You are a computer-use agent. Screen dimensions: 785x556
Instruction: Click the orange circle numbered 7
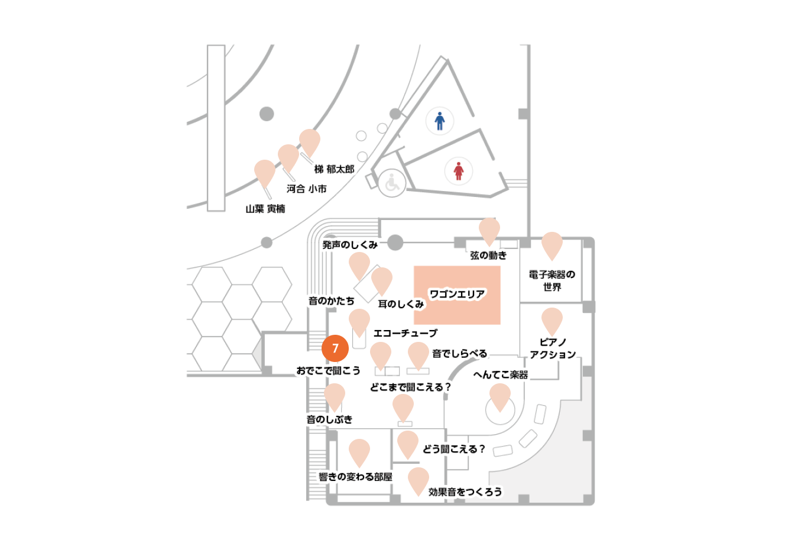(335, 348)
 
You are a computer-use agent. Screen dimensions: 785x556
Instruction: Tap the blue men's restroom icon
(440, 121)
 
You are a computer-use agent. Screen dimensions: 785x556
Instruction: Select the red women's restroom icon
(459, 171)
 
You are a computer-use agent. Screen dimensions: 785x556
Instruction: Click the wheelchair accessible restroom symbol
(392, 183)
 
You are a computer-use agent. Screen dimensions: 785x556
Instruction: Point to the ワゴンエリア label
(458, 294)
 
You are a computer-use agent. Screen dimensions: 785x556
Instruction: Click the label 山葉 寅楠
(265, 209)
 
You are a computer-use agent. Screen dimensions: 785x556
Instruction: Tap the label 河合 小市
(307, 189)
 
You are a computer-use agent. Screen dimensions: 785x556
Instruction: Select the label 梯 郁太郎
(335, 169)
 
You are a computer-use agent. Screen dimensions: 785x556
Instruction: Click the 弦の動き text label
(488, 255)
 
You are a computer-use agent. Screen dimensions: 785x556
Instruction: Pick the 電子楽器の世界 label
(552, 280)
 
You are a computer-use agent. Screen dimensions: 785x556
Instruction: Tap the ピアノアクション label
(553, 348)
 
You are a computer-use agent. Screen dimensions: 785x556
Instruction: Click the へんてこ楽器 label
(501, 375)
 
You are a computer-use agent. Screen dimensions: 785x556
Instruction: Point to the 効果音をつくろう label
(465, 492)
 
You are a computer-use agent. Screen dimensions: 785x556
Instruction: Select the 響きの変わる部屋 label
(355, 477)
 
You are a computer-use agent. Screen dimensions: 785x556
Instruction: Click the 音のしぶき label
(329, 419)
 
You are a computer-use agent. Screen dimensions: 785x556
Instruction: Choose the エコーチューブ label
(406, 333)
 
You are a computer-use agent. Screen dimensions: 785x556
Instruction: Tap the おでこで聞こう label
(329, 370)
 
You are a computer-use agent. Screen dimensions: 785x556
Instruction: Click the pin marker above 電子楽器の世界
(552, 246)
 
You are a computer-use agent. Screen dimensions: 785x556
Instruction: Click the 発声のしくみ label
(350, 245)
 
